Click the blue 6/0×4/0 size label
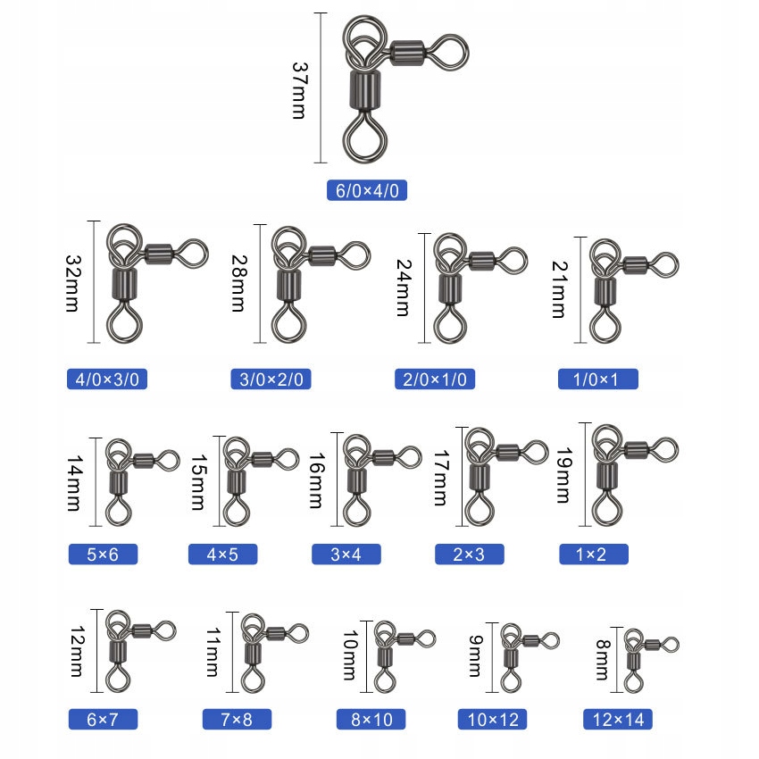367,190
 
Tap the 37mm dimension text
300,90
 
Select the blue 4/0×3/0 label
107,379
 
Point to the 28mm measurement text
239,284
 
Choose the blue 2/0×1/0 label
435,379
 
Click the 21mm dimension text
559,289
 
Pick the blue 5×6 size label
103,555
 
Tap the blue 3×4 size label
346,555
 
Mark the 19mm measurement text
563,476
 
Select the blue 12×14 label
618,720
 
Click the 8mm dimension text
603,660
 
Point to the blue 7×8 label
238,720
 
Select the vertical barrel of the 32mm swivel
124,284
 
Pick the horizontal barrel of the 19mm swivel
636,450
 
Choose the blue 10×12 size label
492,720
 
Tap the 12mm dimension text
78,651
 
